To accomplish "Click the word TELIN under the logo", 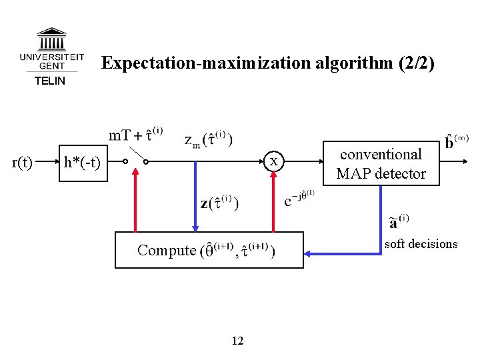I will (x=50, y=81).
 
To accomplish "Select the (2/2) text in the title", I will (x=416, y=63).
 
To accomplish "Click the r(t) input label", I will (x=23, y=162).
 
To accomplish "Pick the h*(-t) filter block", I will (x=82, y=162).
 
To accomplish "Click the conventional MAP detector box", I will (x=381, y=163).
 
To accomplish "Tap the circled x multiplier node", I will (x=273, y=162).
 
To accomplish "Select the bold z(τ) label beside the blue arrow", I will (x=221, y=202).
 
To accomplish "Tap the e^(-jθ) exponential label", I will (x=299, y=199).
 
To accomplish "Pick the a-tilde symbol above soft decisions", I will (x=399, y=221).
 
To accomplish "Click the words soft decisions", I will (x=421, y=244).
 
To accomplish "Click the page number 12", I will (x=238, y=341).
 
